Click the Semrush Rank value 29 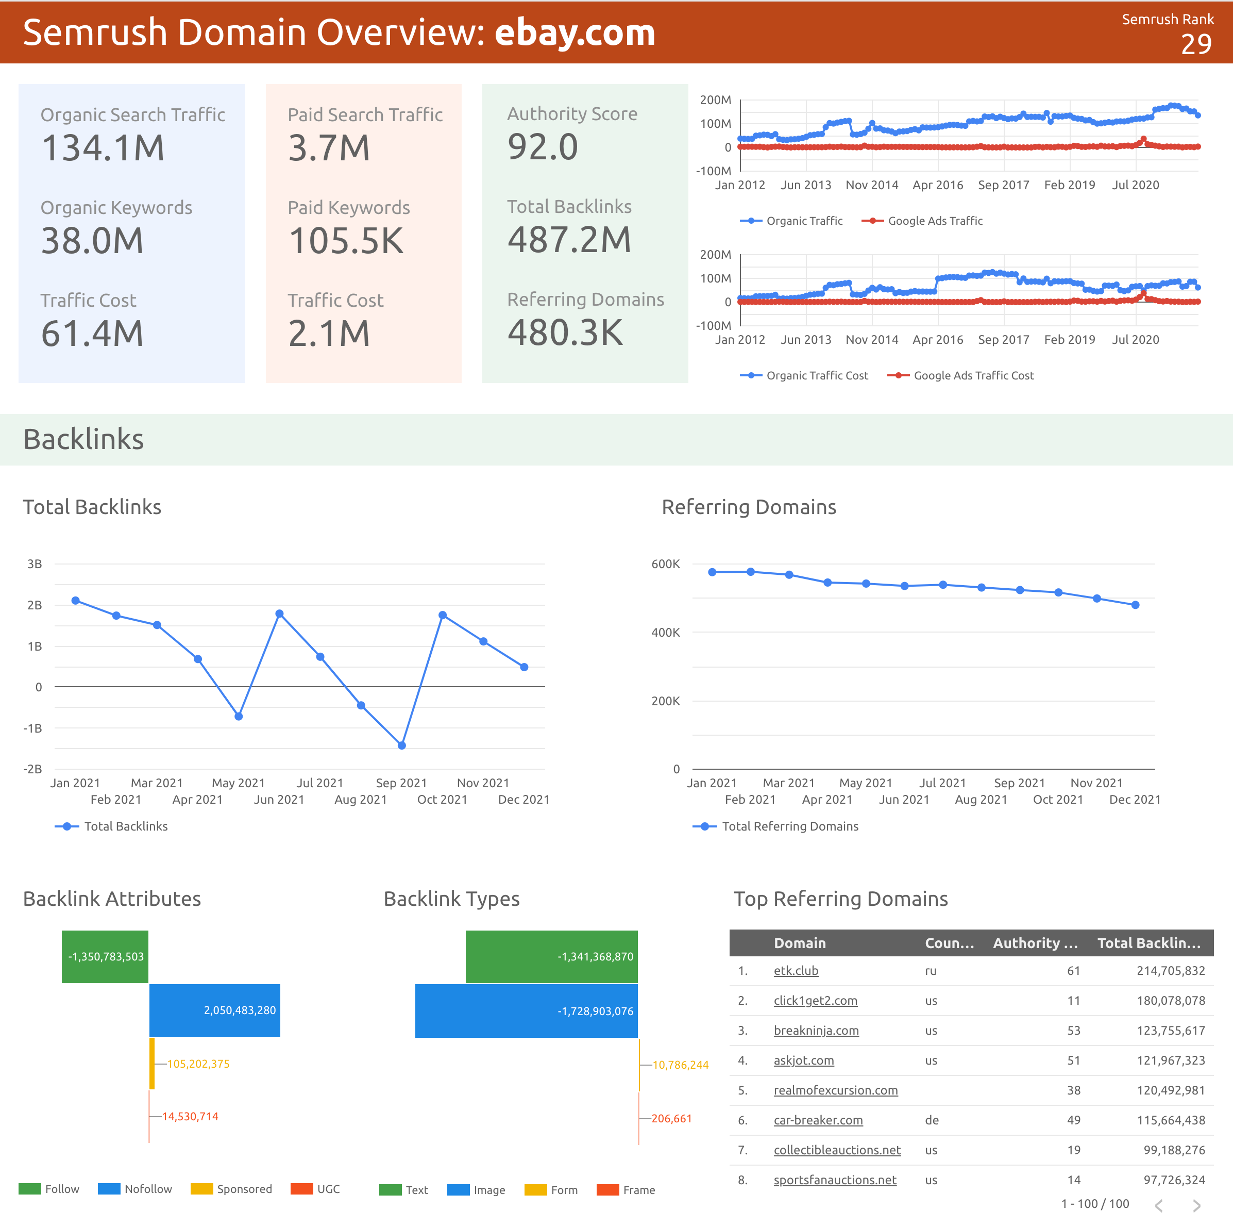(x=1195, y=44)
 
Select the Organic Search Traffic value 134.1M (x=103, y=147)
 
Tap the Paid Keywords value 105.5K (x=346, y=241)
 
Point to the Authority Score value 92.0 (x=542, y=147)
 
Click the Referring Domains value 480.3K (x=565, y=333)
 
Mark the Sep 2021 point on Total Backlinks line (x=401, y=745)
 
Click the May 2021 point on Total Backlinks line (x=238, y=716)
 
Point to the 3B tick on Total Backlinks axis (x=35, y=563)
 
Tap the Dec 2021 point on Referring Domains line (x=1135, y=605)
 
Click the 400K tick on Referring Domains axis (x=665, y=632)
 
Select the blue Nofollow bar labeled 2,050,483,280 (x=214, y=1010)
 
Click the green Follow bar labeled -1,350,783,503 (x=105, y=956)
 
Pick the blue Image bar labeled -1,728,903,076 (x=526, y=1010)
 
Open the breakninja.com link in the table (x=816, y=1031)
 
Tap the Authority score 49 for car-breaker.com (x=1073, y=1120)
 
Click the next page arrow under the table (x=1196, y=1205)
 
